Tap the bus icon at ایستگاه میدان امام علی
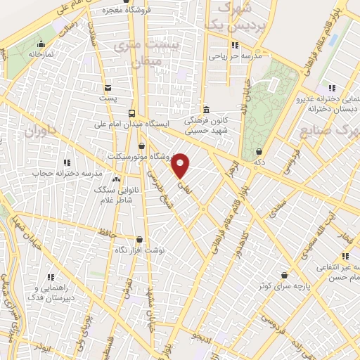tap(131, 113)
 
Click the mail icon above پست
tap(107, 88)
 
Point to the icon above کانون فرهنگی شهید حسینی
tap(205, 110)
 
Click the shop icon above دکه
tap(259, 151)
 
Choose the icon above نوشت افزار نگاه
tap(139, 240)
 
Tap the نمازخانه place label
tap(41, 53)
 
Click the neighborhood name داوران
tap(41, 131)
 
